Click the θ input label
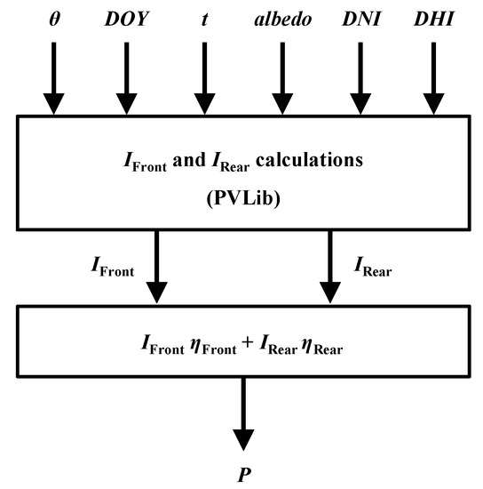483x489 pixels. click(x=53, y=18)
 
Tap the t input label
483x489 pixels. click(x=205, y=19)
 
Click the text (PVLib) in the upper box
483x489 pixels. click(x=241, y=194)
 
